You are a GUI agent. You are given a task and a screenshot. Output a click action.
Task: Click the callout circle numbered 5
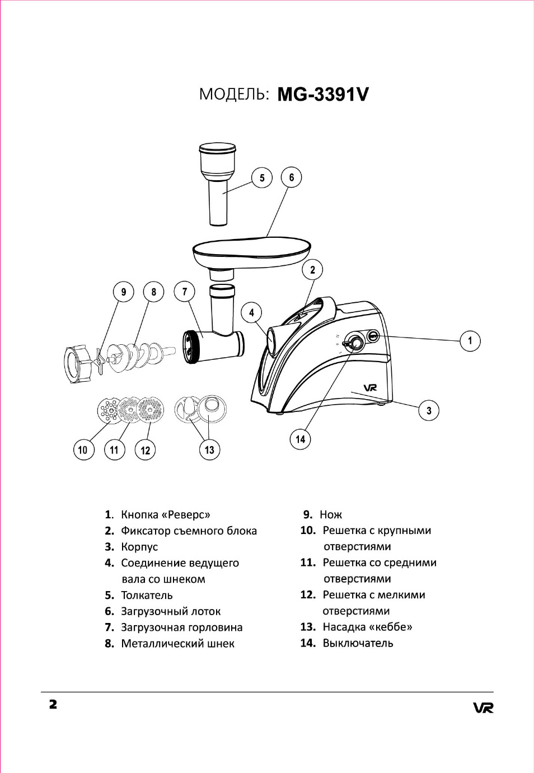click(262, 178)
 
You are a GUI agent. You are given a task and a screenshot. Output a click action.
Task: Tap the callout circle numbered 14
click(301, 439)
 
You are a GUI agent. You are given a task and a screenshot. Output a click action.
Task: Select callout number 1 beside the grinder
click(470, 341)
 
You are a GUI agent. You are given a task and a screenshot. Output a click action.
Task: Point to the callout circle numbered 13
click(209, 450)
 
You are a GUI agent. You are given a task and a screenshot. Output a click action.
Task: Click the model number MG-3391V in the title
click(323, 94)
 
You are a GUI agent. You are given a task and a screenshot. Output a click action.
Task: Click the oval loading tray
click(251, 250)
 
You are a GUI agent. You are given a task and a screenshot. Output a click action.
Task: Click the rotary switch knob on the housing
click(354, 342)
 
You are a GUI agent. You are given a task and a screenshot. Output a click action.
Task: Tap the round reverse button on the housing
click(373, 336)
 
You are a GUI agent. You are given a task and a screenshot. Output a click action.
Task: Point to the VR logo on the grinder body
click(370, 387)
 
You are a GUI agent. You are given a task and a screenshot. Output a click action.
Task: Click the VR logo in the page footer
click(483, 708)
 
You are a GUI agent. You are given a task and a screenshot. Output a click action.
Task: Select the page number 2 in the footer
click(53, 704)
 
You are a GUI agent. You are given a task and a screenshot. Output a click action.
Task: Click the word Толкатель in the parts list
click(147, 595)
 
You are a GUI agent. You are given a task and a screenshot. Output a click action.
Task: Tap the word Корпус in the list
click(139, 547)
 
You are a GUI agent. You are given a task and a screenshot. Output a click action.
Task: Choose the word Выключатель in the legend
click(358, 643)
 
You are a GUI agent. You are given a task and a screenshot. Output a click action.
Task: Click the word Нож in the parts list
click(331, 514)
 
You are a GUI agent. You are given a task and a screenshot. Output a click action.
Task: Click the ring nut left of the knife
click(77, 364)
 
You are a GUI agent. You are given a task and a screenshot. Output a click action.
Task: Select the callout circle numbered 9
click(124, 292)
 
